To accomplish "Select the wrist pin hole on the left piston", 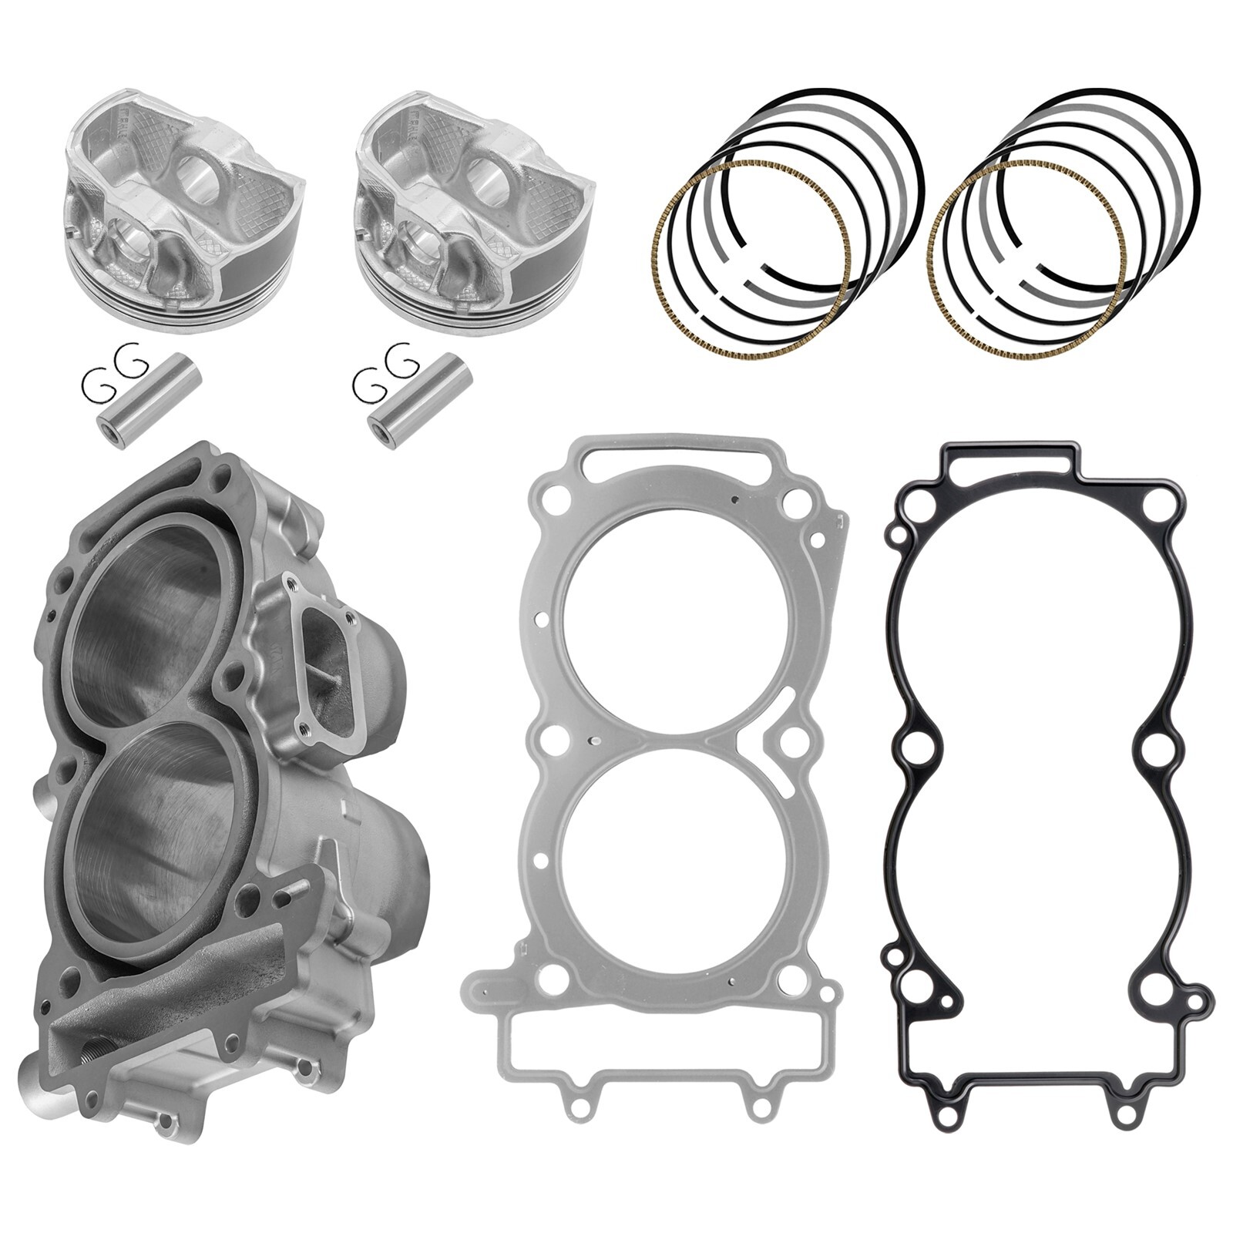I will click(196, 169).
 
